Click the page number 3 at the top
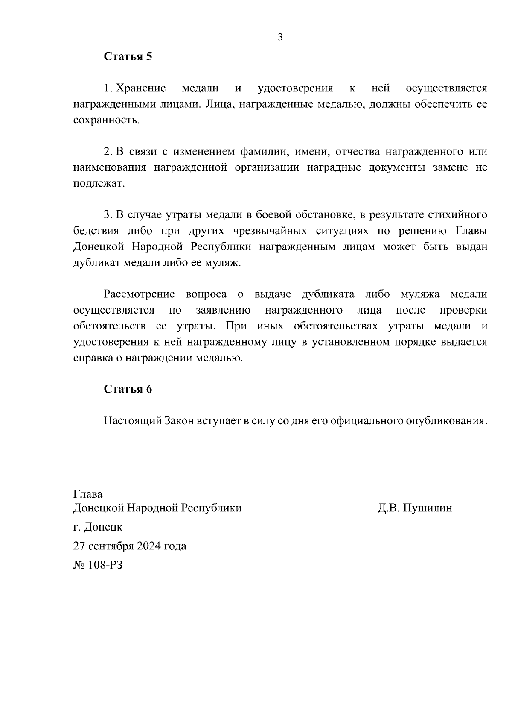(280, 37)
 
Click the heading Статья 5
(128, 57)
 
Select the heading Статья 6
(128, 389)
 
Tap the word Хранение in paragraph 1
(141, 88)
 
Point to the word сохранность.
(106, 120)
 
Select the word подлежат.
(99, 184)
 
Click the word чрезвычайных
(270, 231)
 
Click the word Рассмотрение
(140, 294)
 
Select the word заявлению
(223, 310)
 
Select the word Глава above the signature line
(88, 494)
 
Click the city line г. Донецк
(98, 527)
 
